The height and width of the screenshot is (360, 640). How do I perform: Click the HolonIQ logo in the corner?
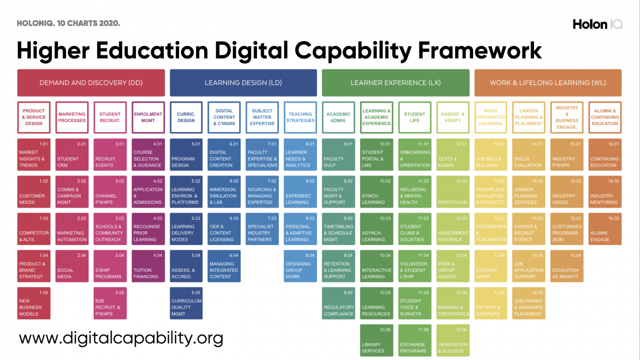point(597,24)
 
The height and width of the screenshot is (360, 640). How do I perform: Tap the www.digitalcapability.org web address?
point(121,338)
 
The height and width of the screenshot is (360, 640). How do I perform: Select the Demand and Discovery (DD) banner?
point(91,82)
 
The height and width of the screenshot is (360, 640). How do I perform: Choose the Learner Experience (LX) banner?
point(395,82)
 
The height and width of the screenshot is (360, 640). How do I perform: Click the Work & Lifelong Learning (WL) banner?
point(547,82)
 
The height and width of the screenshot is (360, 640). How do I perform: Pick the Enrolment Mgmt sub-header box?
point(148,117)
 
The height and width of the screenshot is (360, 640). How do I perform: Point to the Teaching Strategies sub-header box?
point(300,117)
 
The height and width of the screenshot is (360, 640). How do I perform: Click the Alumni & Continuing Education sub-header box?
point(605,117)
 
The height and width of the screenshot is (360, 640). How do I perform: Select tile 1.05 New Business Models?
point(34,303)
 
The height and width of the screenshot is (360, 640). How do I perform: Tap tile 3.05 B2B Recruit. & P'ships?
point(110,303)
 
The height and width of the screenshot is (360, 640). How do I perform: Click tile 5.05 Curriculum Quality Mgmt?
point(186,303)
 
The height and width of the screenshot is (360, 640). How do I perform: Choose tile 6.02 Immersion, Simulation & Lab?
point(224,192)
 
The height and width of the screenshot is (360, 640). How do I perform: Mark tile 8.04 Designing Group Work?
point(300,266)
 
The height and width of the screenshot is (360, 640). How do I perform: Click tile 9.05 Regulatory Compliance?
point(338,303)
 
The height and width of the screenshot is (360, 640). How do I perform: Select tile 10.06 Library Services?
point(376,340)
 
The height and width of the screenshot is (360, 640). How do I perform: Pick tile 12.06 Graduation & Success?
point(452,340)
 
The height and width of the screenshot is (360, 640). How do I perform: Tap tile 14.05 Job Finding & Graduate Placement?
point(528,303)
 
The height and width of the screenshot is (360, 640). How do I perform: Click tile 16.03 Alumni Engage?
point(605,229)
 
